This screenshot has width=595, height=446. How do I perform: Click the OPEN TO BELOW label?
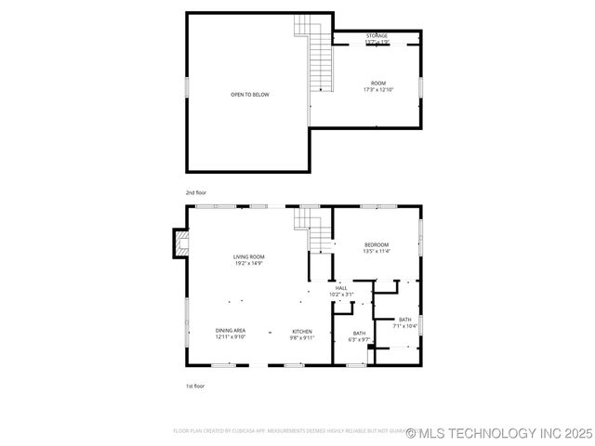(x=250, y=94)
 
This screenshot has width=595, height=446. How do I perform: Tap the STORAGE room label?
(x=377, y=35)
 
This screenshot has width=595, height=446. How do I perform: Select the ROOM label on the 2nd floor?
(x=378, y=84)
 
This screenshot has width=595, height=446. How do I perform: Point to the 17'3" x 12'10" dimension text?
(x=378, y=90)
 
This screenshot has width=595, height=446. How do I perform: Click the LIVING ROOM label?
(x=248, y=256)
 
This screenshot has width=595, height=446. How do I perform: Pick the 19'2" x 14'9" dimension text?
(x=248, y=263)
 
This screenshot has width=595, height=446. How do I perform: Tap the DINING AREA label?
(x=231, y=331)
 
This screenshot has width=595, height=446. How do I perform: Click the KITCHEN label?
(x=302, y=331)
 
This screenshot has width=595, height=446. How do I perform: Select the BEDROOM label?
(x=377, y=244)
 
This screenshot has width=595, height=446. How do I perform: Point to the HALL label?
(x=341, y=288)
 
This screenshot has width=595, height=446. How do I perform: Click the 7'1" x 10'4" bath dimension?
(x=405, y=326)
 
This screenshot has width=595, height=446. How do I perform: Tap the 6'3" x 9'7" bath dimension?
(x=359, y=339)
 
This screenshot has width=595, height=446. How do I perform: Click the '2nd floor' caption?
(x=195, y=192)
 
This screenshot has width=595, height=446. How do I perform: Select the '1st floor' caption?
(x=195, y=386)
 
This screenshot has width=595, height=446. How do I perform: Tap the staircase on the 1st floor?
(x=317, y=232)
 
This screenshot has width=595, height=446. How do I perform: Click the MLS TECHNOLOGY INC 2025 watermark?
(x=498, y=432)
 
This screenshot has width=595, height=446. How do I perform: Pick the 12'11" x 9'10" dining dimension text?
(x=231, y=337)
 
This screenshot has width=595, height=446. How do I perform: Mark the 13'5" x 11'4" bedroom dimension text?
(x=377, y=251)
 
